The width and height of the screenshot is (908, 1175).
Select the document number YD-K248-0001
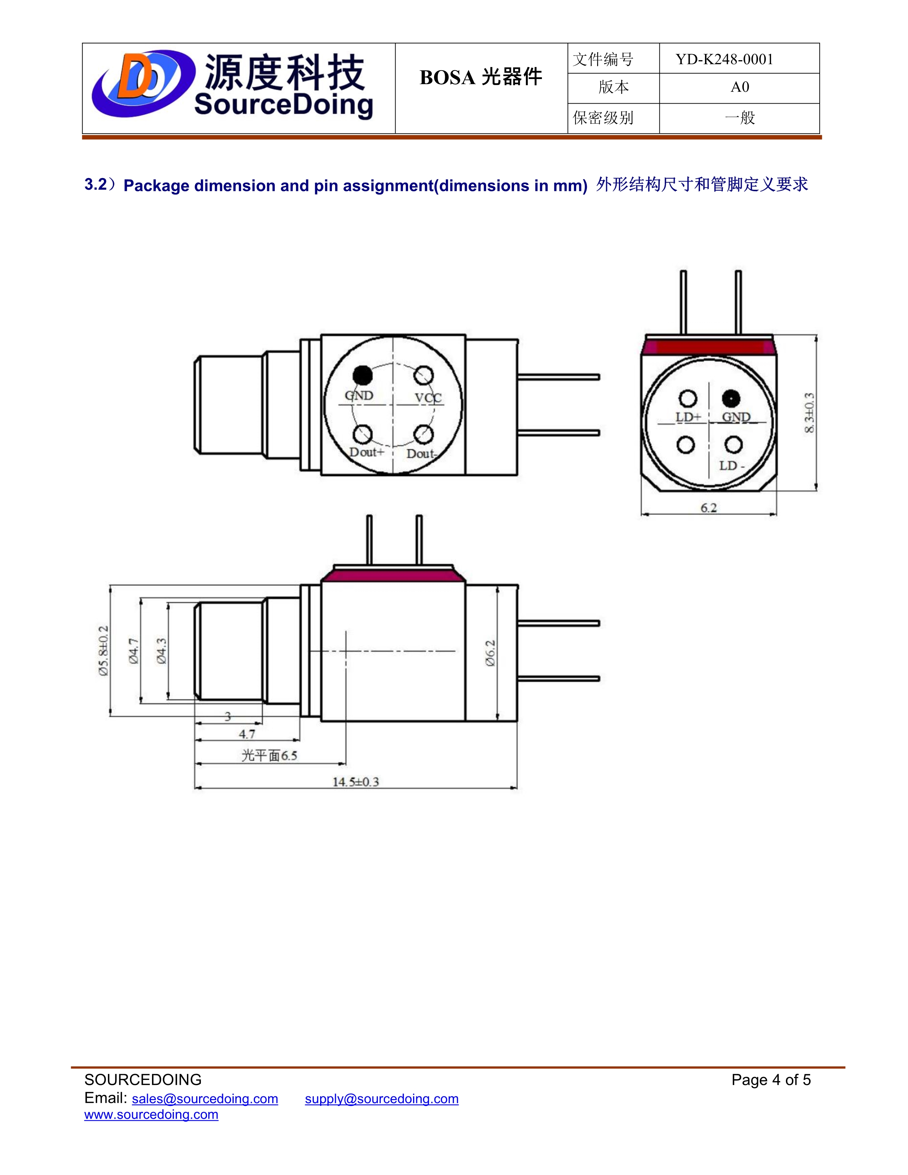724,59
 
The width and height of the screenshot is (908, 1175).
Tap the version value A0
740,87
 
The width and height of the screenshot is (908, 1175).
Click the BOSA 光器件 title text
480,78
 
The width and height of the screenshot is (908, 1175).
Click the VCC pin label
428,398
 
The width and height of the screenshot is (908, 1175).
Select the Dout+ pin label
367,452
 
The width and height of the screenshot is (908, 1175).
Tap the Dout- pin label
421,454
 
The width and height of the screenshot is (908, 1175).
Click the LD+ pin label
688,417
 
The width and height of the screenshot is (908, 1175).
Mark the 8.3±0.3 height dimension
809,413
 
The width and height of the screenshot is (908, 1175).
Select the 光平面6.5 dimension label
269,756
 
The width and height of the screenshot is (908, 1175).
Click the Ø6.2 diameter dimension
490,653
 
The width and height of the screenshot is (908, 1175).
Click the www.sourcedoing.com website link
151,1114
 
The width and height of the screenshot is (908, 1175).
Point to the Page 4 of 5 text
771,1080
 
